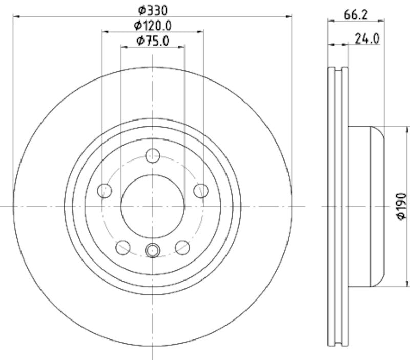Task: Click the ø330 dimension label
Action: [x=152, y=9]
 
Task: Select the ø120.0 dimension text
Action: [x=152, y=25]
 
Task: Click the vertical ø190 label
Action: [x=401, y=207]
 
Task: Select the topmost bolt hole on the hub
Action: [x=152, y=155]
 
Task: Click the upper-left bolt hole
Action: [x=105, y=191]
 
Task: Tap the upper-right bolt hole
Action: [x=200, y=191]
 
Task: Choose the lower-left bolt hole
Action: [x=123, y=247]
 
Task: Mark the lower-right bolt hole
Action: [x=182, y=247]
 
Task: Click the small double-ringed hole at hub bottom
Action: [x=152, y=250]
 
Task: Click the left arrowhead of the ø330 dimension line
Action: [x=15, y=17]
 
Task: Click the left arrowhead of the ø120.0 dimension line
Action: [x=105, y=32]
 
